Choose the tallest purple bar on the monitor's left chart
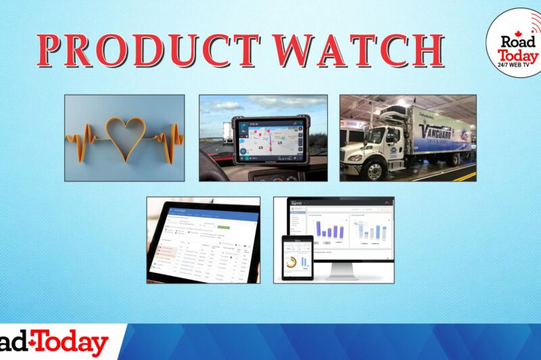(318, 227)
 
